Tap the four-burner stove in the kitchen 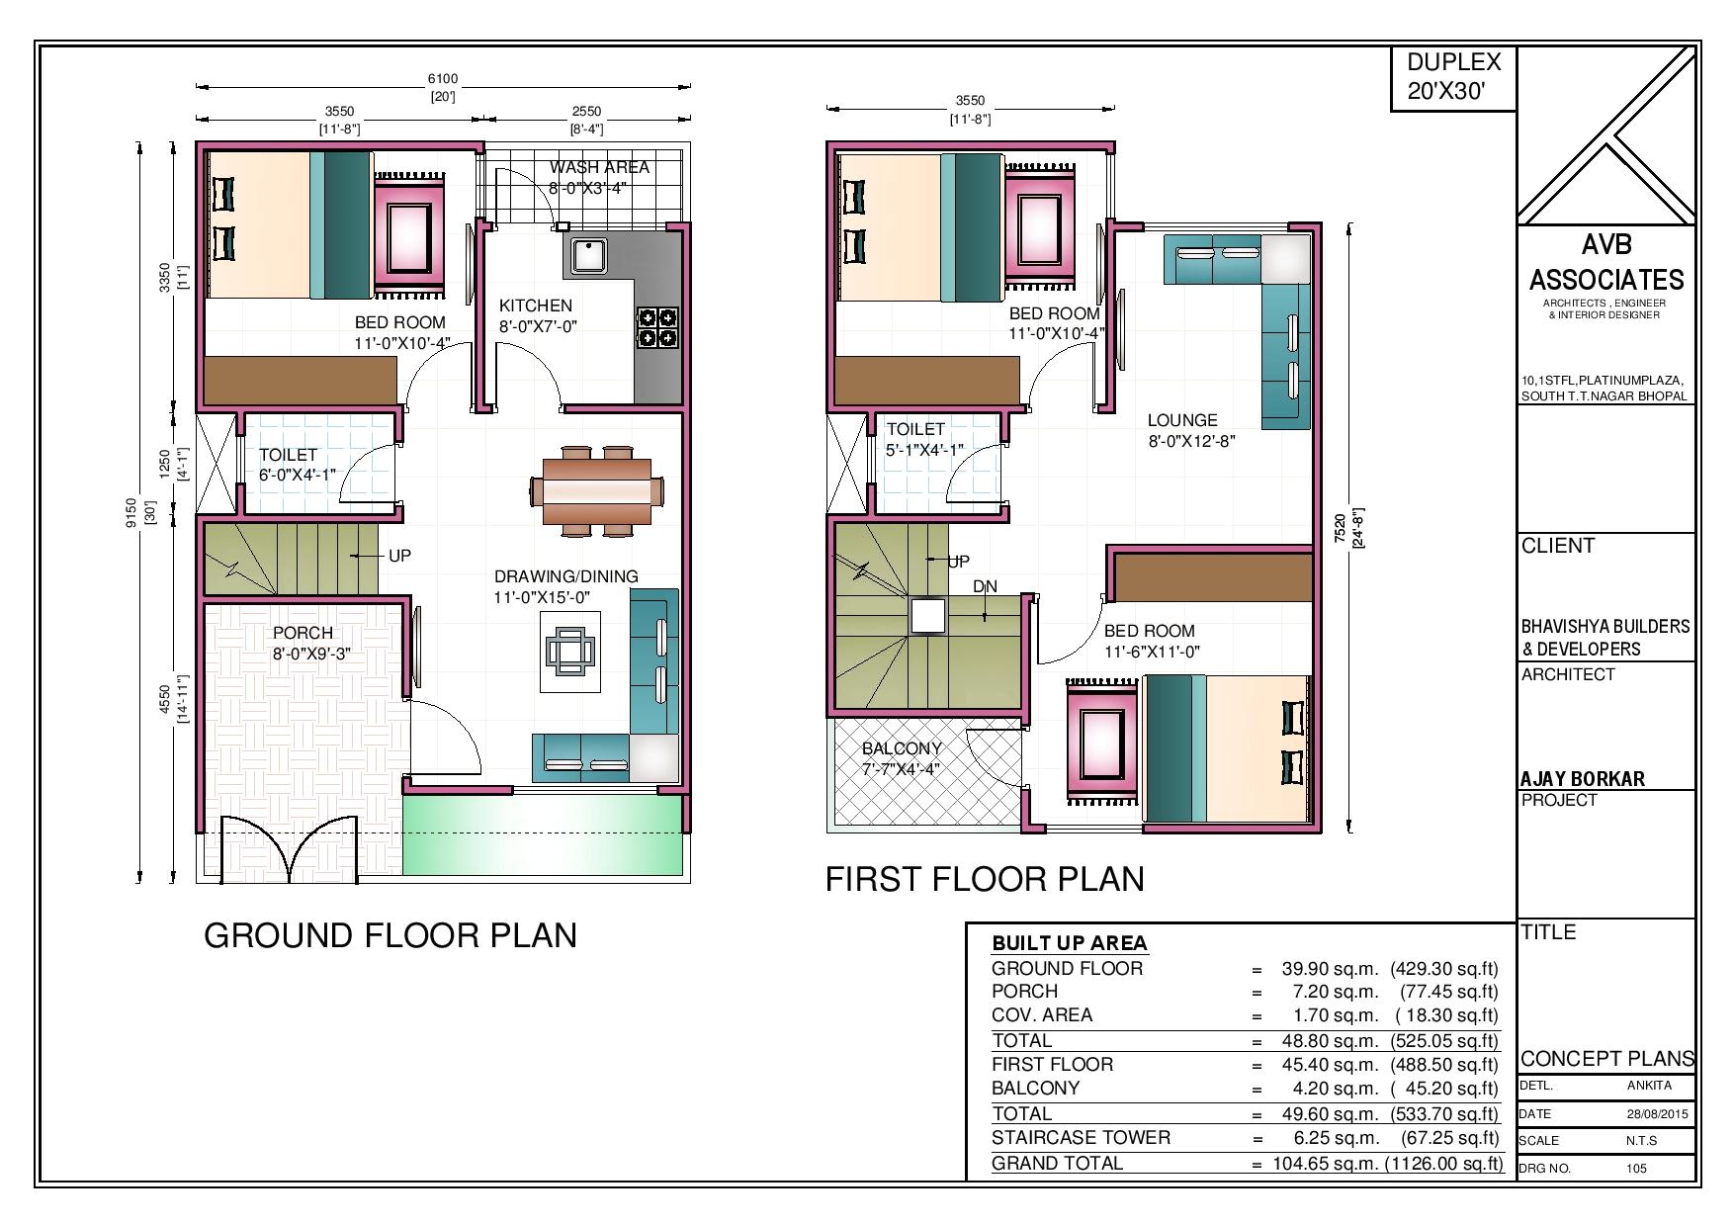[x=657, y=328]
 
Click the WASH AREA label [x=599, y=168]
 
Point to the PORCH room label [x=303, y=633]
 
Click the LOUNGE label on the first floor [x=1181, y=420]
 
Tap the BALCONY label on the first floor [x=901, y=748]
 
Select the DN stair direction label [x=985, y=586]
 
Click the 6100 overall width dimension [x=442, y=79]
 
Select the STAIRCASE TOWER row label [x=1081, y=1138]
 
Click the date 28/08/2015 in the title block [x=1658, y=1113]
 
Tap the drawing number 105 [x=1636, y=1168]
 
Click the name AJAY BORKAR [x=1582, y=779]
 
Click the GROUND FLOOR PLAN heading [x=390, y=935]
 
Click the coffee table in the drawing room [x=570, y=653]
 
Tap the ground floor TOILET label [x=287, y=455]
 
